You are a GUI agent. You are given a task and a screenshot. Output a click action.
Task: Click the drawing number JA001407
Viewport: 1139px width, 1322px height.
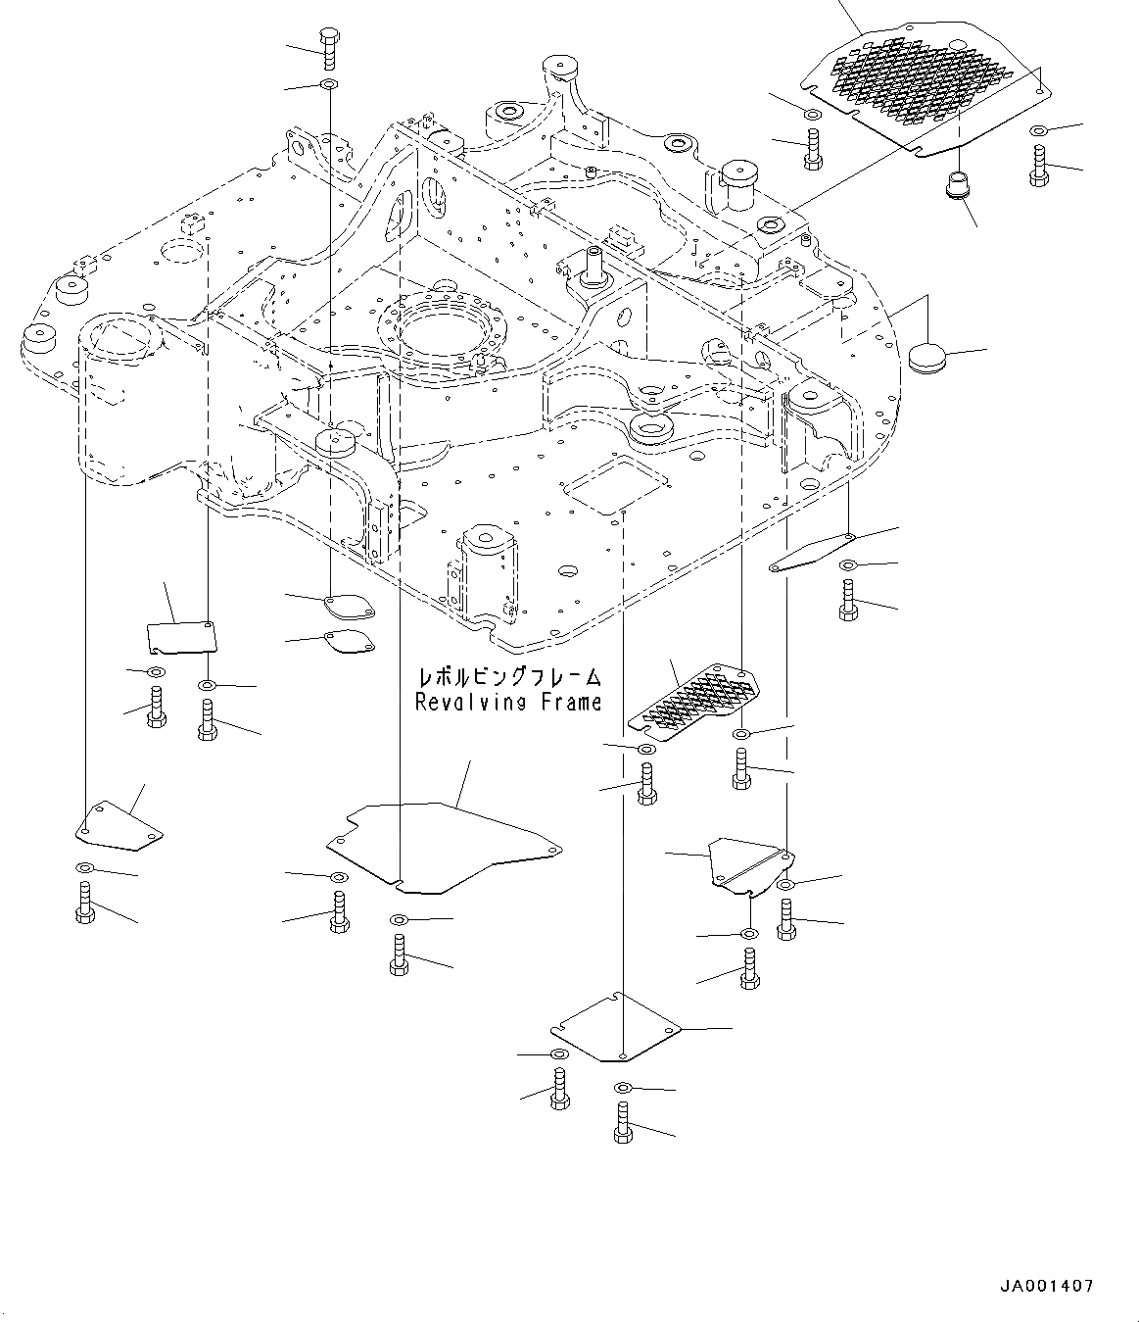(1047, 1286)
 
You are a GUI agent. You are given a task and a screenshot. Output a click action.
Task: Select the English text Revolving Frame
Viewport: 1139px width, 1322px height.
(508, 702)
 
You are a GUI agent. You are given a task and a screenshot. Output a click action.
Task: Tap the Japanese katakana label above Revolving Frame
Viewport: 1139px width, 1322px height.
(508, 677)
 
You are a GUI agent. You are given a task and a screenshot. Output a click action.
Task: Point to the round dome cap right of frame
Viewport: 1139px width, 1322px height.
(926, 357)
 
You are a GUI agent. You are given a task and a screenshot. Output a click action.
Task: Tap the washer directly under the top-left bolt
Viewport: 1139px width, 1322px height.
(328, 86)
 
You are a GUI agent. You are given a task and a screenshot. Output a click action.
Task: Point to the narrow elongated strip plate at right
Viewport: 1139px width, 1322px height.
(813, 552)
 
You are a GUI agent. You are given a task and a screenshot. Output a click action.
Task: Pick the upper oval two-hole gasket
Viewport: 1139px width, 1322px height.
(349, 608)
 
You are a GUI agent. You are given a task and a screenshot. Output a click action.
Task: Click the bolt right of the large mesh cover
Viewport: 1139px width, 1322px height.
(1038, 165)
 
